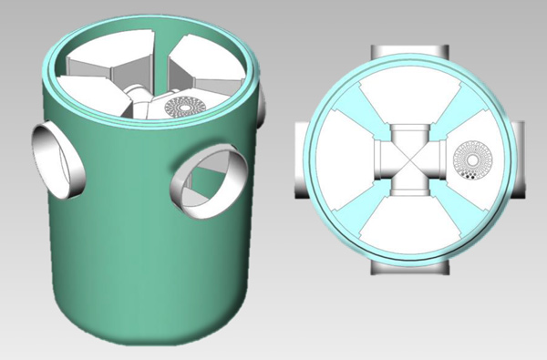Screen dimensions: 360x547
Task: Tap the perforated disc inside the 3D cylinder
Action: pyautogui.click(x=185, y=107)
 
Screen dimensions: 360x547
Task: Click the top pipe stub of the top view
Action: pyautogui.click(x=411, y=53)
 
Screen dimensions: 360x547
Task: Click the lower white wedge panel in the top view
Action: pyautogui.click(x=411, y=223)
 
